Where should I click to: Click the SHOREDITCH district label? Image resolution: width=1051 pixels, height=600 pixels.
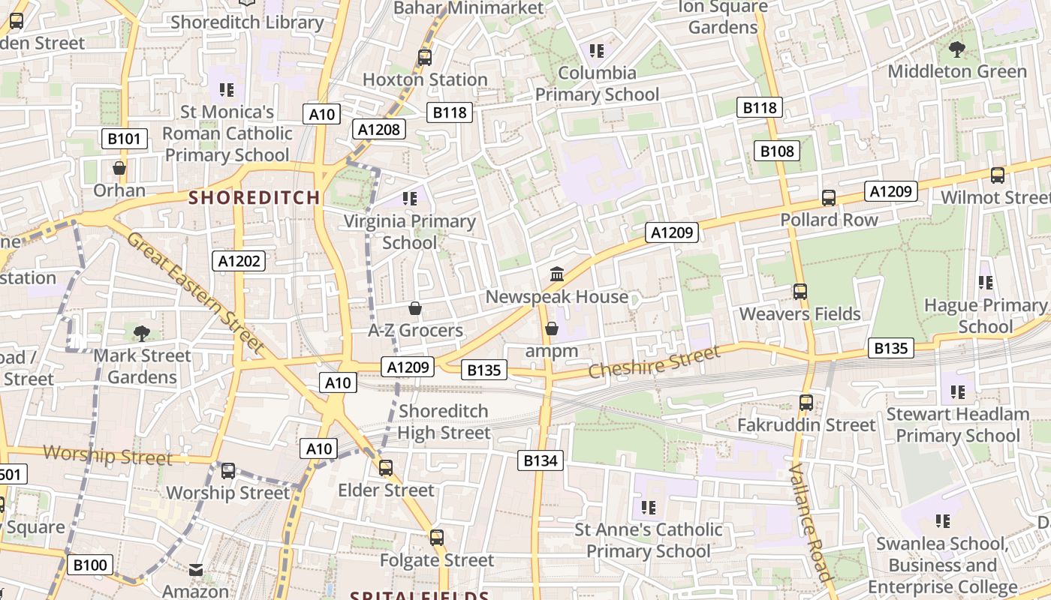pyautogui.click(x=254, y=197)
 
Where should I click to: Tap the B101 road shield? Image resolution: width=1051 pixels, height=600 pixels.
pyautogui.click(x=124, y=139)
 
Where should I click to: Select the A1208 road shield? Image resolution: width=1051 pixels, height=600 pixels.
pyautogui.click(x=379, y=129)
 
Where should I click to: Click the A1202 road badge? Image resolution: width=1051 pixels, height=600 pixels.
pyautogui.click(x=239, y=261)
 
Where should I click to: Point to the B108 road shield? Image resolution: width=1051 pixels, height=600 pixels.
pyautogui.click(x=776, y=151)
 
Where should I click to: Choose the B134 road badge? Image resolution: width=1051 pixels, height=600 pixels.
pyautogui.click(x=540, y=460)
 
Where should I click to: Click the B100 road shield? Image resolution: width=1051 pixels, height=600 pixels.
pyautogui.click(x=90, y=565)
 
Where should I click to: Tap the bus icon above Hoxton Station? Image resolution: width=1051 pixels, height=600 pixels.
pyautogui.click(x=425, y=57)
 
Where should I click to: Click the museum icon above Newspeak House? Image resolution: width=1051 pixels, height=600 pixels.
pyautogui.click(x=557, y=274)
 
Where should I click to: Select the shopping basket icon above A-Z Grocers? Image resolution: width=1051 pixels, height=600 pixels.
pyautogui.click(x=414, y=308)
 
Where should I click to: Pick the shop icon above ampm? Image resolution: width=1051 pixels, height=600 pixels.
pyautogui.click(x=552, y=328)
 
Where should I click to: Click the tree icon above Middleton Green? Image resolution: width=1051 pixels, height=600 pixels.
pyautogui.click(x=956, y=49)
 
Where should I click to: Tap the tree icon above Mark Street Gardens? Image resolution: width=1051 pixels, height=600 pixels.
pyautogui.click(x=141, y=333)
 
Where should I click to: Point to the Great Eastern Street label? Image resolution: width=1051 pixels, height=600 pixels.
pyautogui.click(x=195, y=292)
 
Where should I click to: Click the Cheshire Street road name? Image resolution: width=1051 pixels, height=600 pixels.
pyautogui.click(x=653, y=361)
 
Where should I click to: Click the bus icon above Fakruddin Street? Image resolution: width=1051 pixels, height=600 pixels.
pyautogui.click(x=806, y=403)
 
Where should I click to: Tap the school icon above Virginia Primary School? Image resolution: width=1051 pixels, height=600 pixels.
pyautogui.click(x=410, y=199)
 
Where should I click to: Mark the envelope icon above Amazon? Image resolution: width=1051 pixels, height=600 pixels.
pyautogui.click(x=196, y=570)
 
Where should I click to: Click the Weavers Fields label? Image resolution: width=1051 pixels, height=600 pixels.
pyautogui.click(x=800, y=313)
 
